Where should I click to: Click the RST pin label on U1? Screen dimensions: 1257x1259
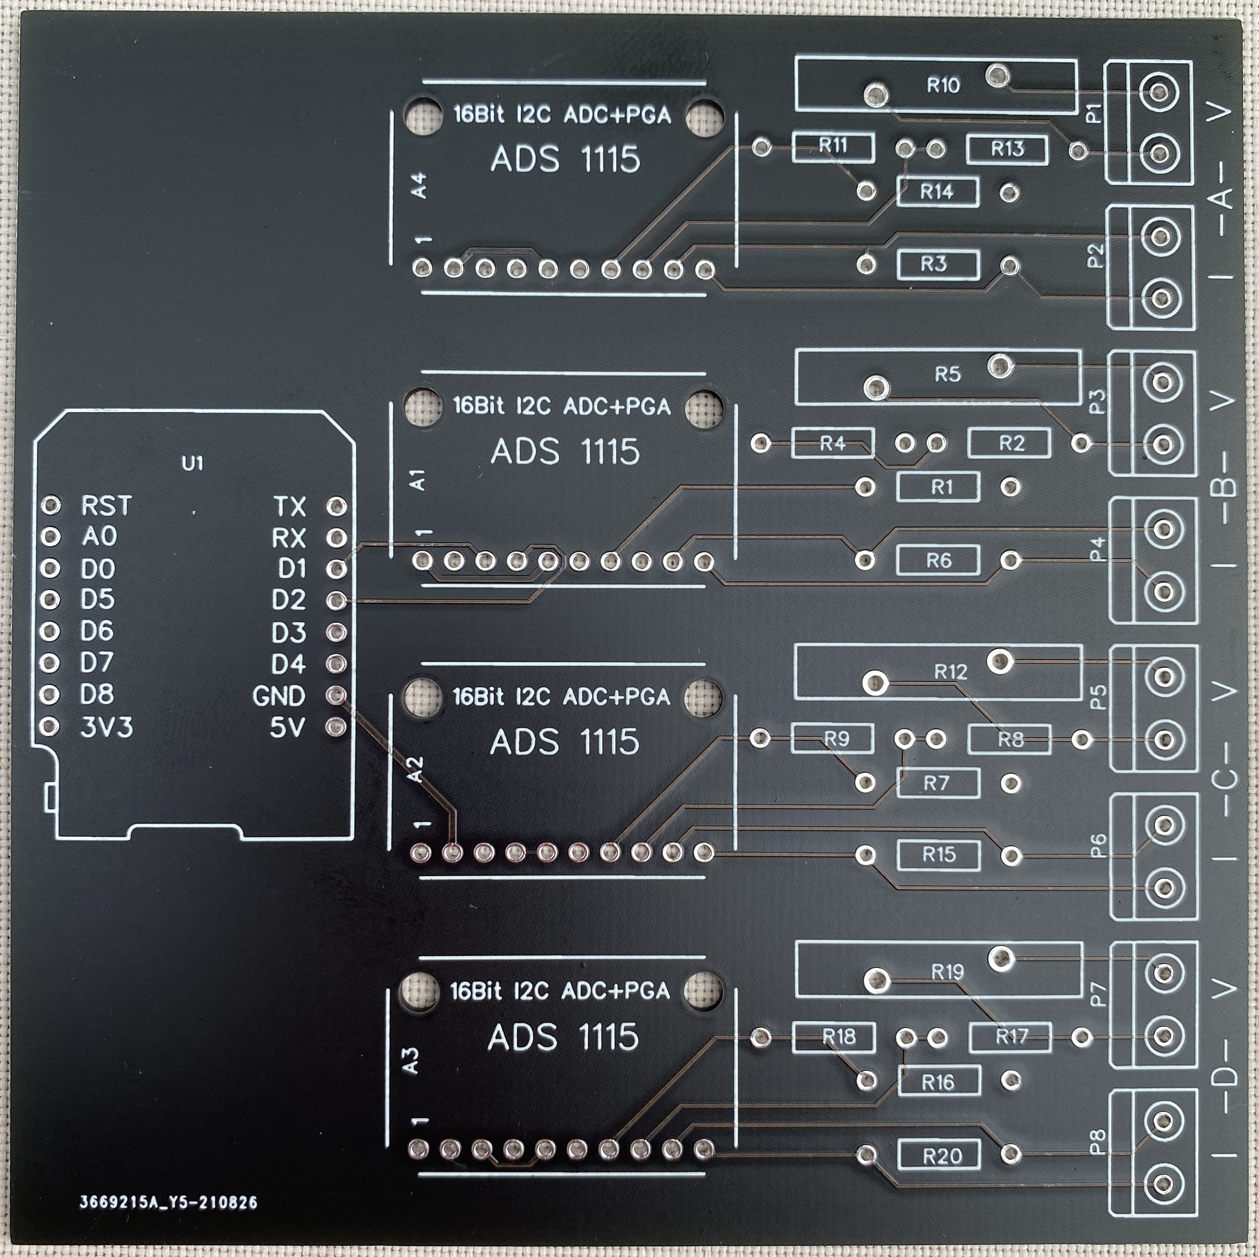(106, 506)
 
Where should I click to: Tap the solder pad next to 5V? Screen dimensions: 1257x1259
(336, 726)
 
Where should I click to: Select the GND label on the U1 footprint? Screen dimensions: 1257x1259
(279, 696)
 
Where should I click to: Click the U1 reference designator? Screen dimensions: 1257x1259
(193, 464)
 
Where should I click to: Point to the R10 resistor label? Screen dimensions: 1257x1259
(943, 85)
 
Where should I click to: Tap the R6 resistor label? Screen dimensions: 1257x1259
(939, 560)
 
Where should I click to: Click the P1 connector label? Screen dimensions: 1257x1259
(1095, 113)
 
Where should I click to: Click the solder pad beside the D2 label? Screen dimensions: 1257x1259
(336, 600)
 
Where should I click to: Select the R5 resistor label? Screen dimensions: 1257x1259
(947, 375)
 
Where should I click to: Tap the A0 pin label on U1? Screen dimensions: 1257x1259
(100, 537)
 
